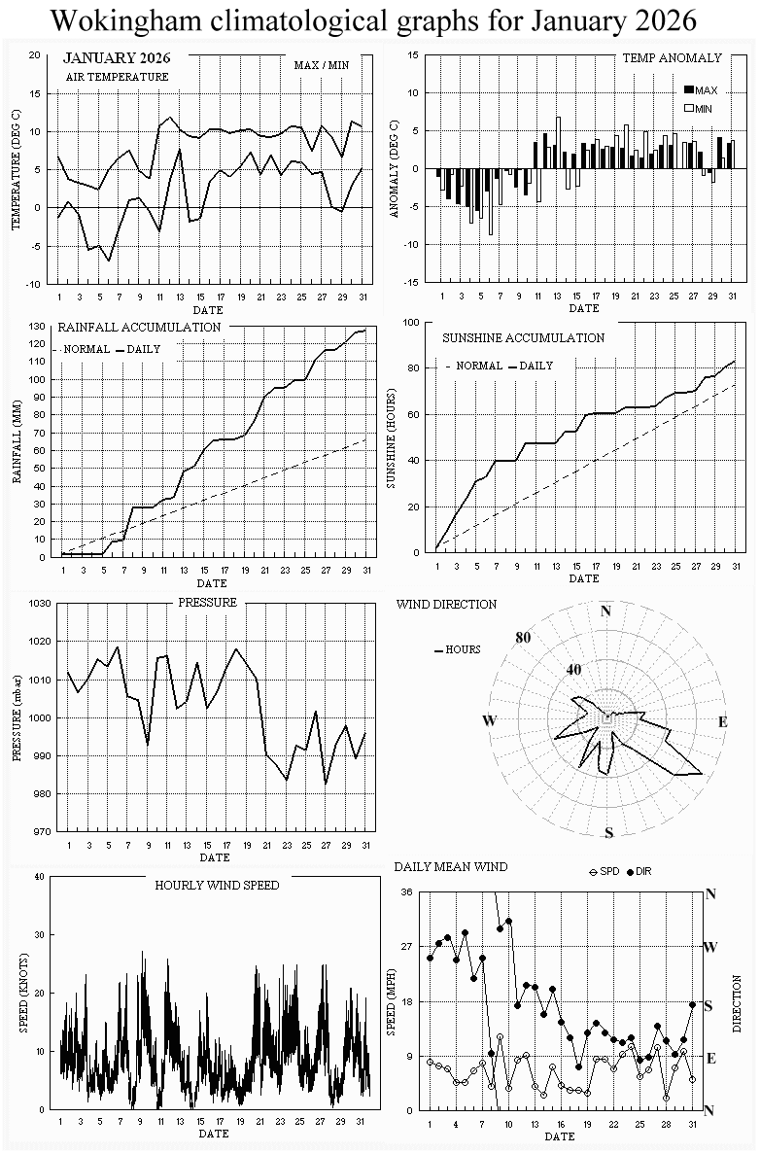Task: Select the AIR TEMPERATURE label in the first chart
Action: tap(117, 76)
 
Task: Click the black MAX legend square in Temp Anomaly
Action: tap(690, 90)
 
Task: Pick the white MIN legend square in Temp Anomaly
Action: tap(690, 108)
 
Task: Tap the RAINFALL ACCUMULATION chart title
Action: tap(139, 327)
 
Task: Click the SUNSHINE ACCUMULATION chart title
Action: tap(523, 337)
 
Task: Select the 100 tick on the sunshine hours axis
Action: tap(410, 322)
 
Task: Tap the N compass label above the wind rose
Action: tap(606, 611)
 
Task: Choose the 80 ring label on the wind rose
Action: tap(524, 638)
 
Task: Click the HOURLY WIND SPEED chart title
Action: tap(217, 885)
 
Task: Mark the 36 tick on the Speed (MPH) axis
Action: tap(407, 892)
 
